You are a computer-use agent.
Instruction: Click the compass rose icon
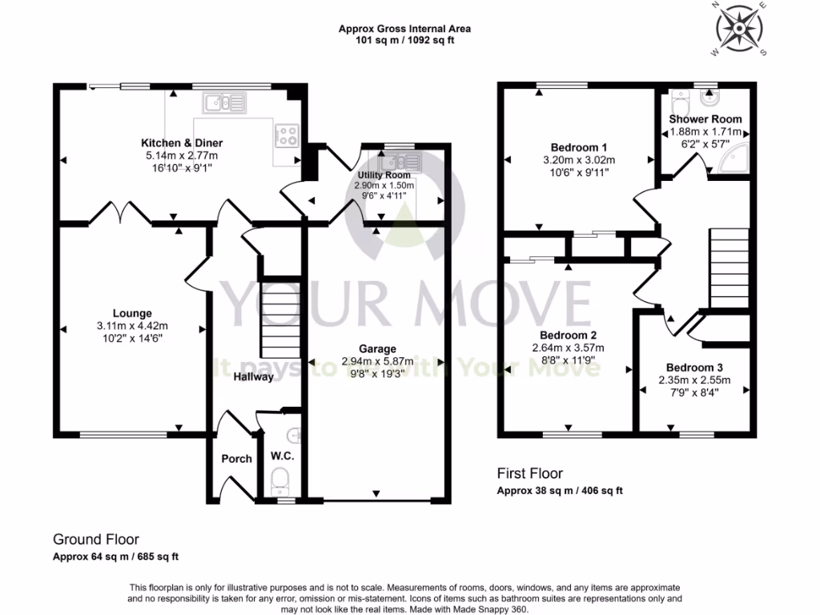coord(738,29)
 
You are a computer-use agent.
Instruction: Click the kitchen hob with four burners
coord(287,135)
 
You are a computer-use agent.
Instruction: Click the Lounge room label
coord(132,313)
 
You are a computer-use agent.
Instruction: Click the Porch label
coord(236,459)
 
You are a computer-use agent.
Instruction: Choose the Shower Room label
coord(705,119)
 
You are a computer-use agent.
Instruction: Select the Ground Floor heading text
coord(90,540)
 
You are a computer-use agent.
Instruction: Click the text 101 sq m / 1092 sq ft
coord(404,41)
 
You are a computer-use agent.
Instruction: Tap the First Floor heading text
coord(529,473)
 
